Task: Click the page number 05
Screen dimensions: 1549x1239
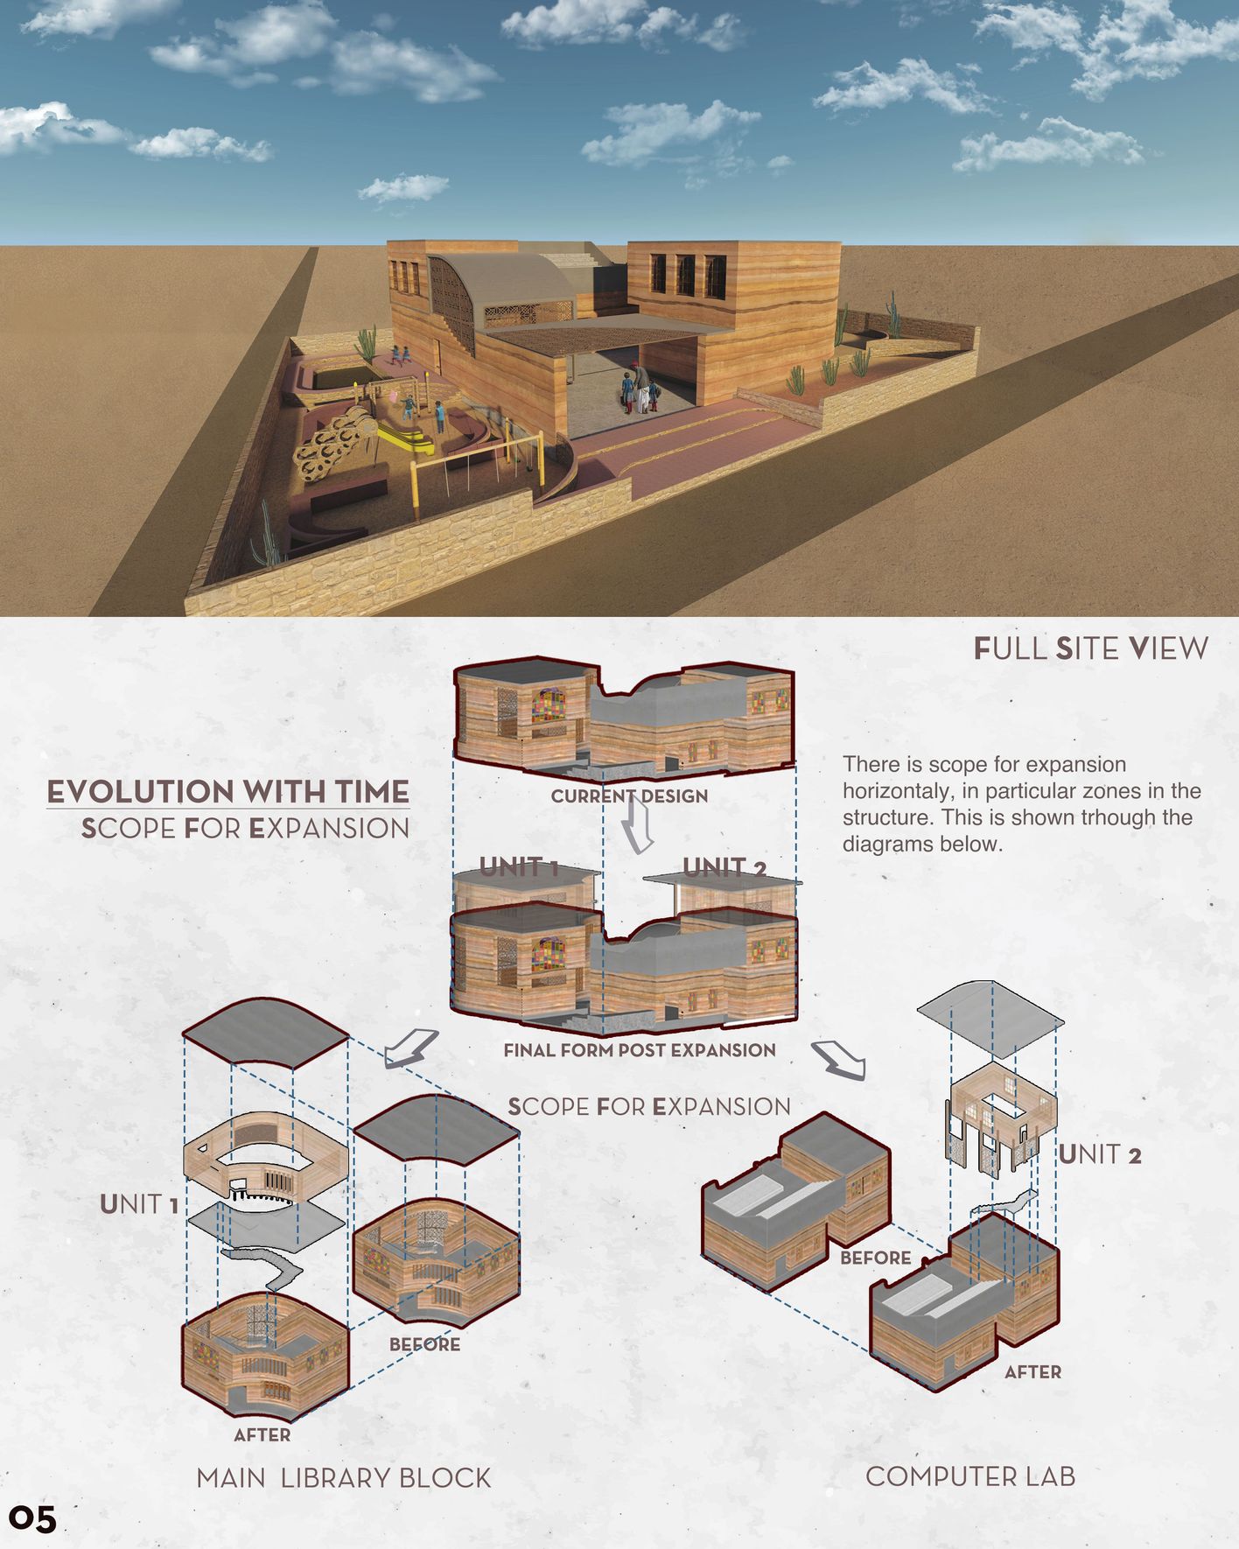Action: coord(33,1518)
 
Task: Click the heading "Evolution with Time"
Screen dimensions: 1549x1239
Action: coord(227,792)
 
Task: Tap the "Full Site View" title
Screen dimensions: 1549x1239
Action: coord(1090,648)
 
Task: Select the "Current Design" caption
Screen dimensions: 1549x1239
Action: coord(629,796)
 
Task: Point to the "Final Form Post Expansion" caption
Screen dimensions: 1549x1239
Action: coord(640,1050)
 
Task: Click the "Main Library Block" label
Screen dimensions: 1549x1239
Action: coord(344,1478)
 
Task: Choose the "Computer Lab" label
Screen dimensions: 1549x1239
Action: coord(970,1476)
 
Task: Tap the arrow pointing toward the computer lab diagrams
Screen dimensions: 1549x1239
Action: coord(839,1058)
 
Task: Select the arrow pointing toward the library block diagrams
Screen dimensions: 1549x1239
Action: coord(410,1048)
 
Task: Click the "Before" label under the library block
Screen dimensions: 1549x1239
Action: coord(424,1344)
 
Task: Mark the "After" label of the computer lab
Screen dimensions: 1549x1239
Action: coord(1032,1372)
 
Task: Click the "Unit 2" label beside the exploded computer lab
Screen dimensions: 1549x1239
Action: coord(1100,1154)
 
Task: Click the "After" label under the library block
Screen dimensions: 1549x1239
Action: coord(262,1435)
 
